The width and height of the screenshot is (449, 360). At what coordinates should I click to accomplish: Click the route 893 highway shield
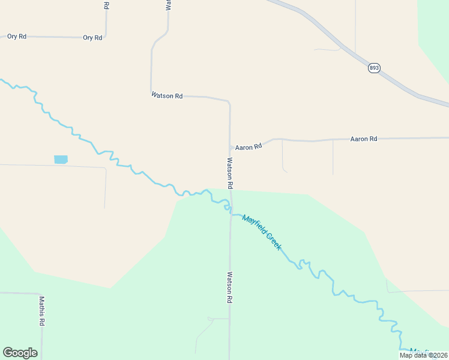point(374,68)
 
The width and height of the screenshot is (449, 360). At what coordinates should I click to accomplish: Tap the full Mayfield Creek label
point(262,232)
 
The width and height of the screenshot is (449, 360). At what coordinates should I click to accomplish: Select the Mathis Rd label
point(42,310)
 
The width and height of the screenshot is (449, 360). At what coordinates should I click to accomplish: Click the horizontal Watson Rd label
point(167,95)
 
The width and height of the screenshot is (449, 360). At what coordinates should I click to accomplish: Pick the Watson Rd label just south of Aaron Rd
point(229,173)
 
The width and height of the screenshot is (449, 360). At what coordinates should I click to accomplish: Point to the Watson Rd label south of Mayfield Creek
point(229,287)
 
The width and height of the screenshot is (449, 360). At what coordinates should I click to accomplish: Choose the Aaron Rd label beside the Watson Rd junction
point(249,146)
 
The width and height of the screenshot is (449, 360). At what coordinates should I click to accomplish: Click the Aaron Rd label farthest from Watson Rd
point(364,139)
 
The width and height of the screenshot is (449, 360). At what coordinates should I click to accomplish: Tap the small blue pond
point(61,160)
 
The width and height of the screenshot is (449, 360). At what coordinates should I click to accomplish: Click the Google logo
point(20,353)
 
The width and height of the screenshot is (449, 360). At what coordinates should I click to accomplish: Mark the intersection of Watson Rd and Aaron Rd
point(231,148)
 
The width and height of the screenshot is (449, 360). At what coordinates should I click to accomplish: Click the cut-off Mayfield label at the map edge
point(420,352)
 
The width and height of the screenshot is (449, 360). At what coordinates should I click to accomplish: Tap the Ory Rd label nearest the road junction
point(92,37)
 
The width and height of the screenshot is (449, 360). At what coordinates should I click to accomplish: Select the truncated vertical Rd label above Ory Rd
point(106,5)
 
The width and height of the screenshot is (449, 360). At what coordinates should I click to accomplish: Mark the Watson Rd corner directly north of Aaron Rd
point(229,103)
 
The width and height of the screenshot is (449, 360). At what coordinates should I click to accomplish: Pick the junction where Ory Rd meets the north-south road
point(106,37)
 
